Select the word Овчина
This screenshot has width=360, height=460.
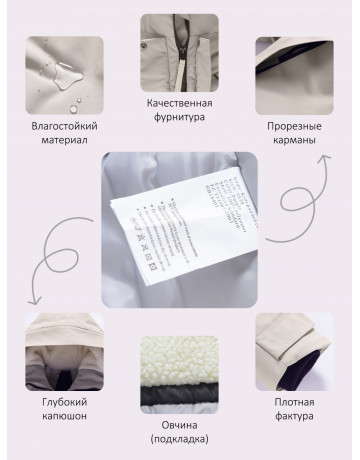pos(178,425)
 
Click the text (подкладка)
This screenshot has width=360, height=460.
pos(178,440)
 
